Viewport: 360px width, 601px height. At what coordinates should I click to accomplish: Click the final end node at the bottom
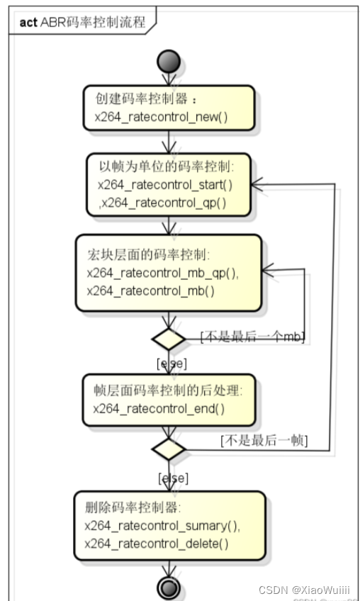169,588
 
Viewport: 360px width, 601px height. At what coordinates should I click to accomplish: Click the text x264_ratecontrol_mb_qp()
162,273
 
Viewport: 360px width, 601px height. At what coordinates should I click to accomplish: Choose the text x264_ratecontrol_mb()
150,291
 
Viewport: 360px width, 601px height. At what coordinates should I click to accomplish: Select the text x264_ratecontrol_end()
158,409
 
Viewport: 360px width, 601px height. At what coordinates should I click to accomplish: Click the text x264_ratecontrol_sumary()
162,526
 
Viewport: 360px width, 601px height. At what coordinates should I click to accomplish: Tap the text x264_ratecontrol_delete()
156,544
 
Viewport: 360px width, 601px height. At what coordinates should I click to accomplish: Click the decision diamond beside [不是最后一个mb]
169,339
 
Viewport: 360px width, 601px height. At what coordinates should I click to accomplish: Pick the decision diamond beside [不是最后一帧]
169,449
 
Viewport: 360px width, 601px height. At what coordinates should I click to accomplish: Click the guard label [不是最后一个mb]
252,337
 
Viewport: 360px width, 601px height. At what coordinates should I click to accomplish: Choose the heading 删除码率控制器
133,508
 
